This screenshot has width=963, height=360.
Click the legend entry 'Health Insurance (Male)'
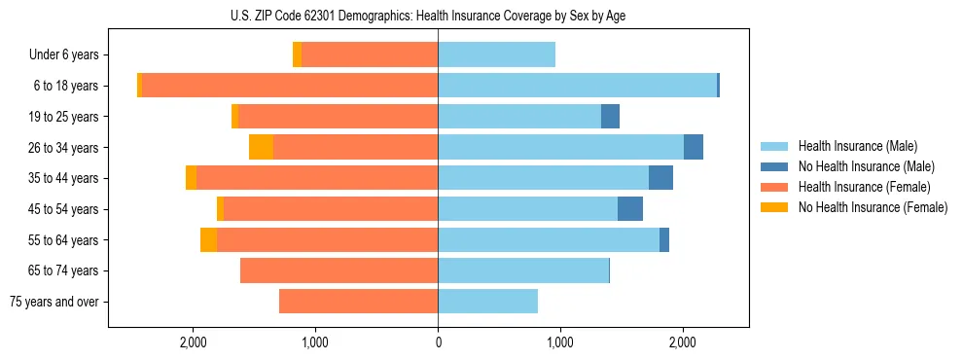tap(857, 147)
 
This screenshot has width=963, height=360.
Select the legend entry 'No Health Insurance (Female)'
tap(873, 207)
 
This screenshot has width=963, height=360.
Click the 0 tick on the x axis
tap(438, 342)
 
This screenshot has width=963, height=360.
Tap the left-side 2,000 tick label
tap(194, 342)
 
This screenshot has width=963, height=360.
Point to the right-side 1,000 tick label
tap(559, 342)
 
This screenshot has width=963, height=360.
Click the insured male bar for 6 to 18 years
tap(577, 86)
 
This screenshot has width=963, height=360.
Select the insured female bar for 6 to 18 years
tap(290, 86)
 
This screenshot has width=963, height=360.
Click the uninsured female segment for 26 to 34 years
tap(261, 147)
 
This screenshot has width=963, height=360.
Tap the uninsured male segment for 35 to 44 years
tap(660, 178)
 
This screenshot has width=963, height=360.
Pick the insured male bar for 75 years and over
tap(487, 302)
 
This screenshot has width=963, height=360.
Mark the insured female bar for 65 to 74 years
tap(339, 270)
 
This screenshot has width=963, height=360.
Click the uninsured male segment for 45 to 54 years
tap(630, 209)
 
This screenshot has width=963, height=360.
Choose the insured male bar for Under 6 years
tap(496, 55)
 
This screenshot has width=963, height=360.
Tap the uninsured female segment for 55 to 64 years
tap(208, 240)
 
